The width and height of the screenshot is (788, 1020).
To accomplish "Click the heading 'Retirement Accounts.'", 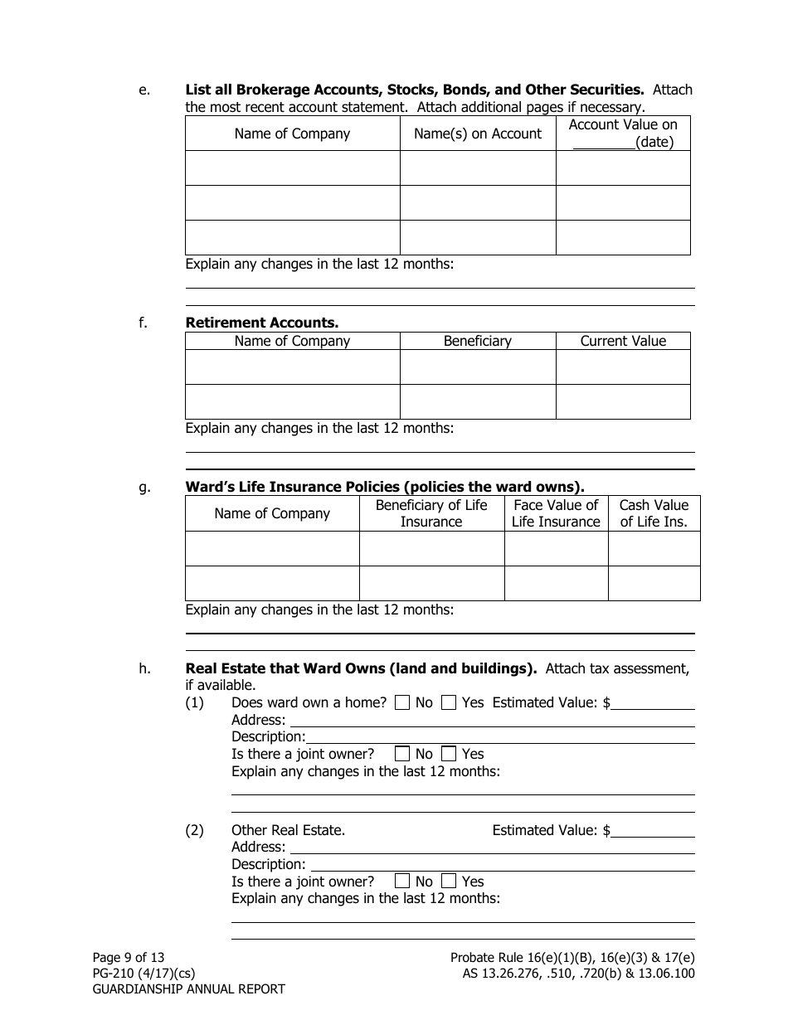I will coord(261,323).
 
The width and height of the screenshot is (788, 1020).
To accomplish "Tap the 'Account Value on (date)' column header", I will coord(622,133).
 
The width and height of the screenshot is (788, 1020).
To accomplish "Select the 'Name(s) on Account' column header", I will coord(477,134).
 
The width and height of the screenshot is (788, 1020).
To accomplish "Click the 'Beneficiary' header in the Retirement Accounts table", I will coord(477,341).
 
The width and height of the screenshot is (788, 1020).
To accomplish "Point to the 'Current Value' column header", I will coord(622,341).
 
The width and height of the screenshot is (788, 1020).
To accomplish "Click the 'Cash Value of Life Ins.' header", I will coord(654,513).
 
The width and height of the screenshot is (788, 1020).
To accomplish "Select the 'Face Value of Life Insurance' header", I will coord(556,513).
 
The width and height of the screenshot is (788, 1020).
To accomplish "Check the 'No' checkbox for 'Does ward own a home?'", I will coord(402,703).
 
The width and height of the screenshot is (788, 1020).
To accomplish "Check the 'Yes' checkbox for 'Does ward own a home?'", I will coord(449,703).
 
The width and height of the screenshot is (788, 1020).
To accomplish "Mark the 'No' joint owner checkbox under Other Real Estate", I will coord(402,882).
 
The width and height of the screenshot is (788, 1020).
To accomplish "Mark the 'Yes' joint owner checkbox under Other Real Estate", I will coord(449,882).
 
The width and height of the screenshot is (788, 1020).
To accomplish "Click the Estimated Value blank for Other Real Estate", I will coord(653,831).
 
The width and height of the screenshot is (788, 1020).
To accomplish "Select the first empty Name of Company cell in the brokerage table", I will coord(292,168).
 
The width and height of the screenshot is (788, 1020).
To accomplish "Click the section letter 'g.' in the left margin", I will coord(144,488).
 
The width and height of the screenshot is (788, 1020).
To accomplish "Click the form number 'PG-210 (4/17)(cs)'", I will coord(143,974).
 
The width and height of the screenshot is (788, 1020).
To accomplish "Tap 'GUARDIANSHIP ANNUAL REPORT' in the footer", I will coord(188,989).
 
